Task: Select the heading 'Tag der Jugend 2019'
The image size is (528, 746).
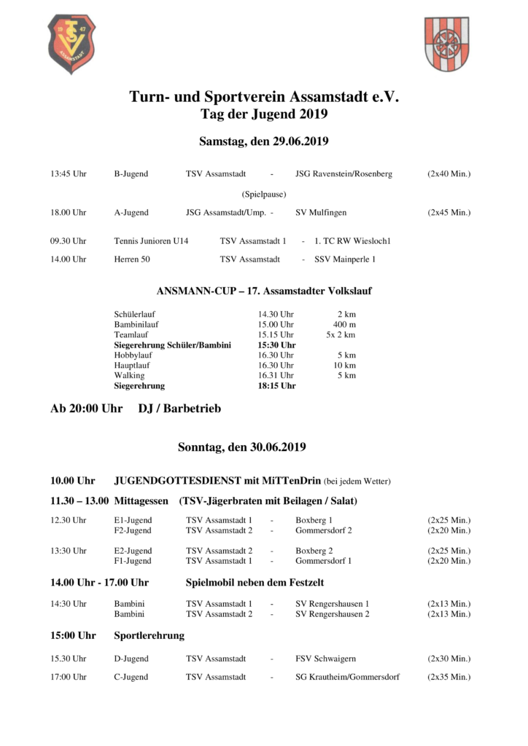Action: [264, 114]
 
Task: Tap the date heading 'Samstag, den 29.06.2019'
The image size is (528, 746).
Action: [264, 141]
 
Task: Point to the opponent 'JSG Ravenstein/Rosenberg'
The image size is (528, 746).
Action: [343, 174]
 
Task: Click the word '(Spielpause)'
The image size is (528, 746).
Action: [264, 195]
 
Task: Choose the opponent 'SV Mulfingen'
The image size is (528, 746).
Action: [321, 213]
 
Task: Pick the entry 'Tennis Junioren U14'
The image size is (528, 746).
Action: [151, 240]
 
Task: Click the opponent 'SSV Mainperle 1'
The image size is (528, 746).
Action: [345, 259]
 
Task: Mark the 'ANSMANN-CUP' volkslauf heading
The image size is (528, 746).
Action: [264, 291]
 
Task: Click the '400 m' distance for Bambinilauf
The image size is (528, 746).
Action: [344, 324]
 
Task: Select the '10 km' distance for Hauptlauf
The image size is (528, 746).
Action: [344, 365]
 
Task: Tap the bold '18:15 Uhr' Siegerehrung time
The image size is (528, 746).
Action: [276, 385]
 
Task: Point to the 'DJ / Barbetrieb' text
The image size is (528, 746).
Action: [179, 409]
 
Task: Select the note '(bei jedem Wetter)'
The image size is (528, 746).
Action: [357, 482]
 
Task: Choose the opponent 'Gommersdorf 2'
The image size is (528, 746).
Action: [323, 530]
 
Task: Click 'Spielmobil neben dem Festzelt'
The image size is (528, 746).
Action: [255, 583]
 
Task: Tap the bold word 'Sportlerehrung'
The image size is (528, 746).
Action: [149, 635]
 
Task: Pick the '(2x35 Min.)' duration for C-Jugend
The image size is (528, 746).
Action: [449, 677]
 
